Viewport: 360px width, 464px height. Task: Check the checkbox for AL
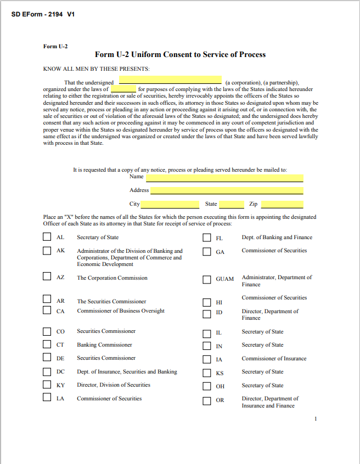(x=47, y=237)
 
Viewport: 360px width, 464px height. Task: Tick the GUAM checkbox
(x=207, y=279)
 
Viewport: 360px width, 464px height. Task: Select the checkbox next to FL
(x=207, y=238)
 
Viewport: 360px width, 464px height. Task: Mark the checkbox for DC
(x=47, y=372)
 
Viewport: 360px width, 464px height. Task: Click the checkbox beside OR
(x=207, y=400)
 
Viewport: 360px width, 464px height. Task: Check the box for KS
(x=207, y=372)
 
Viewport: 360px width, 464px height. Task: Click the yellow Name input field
(x=224, y=177)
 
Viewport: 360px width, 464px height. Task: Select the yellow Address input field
(x=226, y=191)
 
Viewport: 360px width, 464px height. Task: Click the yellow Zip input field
(x=282, y=205)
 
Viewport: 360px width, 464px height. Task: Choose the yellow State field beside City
(x=231, y=205)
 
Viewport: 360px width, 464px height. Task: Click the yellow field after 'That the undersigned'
(x=166, y=80)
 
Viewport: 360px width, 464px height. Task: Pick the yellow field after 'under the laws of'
(x=123, y=89)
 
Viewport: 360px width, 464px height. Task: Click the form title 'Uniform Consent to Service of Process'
(x=180, y=54)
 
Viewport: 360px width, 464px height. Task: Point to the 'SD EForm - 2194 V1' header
(x=43, y=14)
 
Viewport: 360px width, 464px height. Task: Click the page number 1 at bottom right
(x=316, y=419)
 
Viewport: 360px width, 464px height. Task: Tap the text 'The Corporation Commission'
(x=112, y=278)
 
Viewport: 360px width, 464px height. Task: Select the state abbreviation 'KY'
(x=61, y=386)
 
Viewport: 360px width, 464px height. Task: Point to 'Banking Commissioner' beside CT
(x=104, y=345)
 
